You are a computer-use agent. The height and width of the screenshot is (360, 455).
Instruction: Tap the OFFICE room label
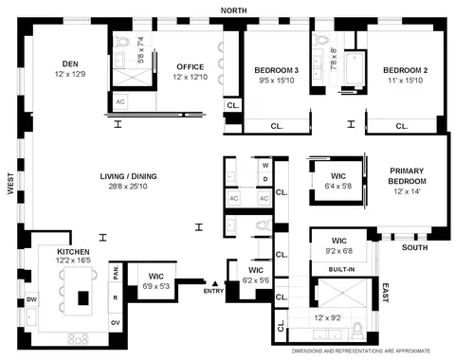[190, 66]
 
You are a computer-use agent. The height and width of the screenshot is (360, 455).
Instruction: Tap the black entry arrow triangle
[216, 282]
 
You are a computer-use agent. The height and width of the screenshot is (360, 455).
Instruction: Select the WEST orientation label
[10, 183]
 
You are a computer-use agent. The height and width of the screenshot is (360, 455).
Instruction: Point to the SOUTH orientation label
[414, 248]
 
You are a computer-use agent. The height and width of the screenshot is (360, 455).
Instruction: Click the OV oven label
[116, 321]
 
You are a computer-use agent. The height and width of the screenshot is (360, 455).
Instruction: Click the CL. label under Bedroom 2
[401, 125]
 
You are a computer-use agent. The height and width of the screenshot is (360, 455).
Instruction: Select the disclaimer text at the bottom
[373, 352]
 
